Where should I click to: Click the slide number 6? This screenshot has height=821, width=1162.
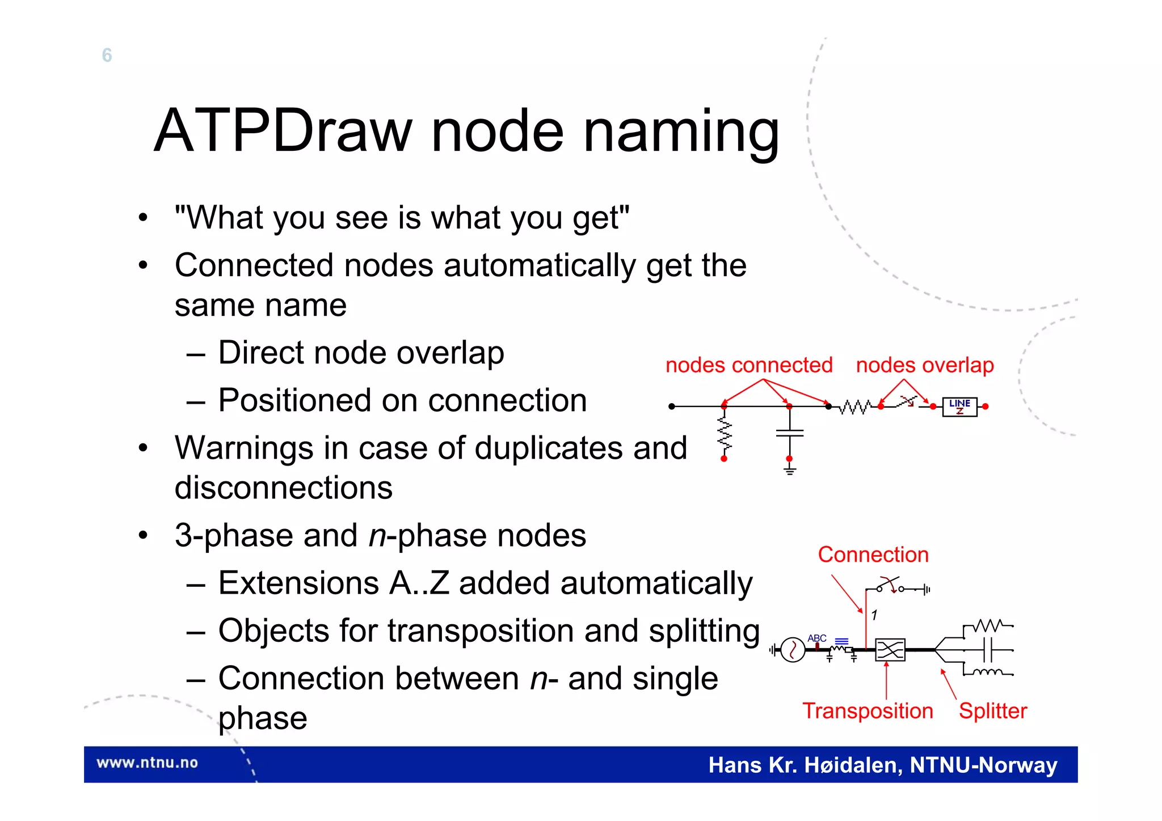[x=107, y=55]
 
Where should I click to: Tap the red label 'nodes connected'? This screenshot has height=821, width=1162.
[x=749, y=365]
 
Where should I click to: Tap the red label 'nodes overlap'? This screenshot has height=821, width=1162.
[x=925, y=365]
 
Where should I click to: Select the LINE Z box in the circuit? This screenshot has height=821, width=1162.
[x=959, y=407]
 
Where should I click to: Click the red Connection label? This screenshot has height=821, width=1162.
[x=873, y=555]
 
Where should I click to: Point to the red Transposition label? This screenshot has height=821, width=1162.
[x=868, y=711]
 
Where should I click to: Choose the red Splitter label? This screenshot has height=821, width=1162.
[x=993, y=711]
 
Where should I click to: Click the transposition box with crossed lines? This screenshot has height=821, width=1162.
[x=890, y=650]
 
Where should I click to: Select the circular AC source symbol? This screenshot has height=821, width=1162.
[x=793, y=650]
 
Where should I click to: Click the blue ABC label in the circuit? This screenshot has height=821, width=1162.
[x=816, y=638]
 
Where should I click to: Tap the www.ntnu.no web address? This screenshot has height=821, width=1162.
[x=147, y=763]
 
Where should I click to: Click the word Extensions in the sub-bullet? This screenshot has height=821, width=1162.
[x=298, y=583]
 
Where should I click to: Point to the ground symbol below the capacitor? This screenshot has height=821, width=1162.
[x=789, y=470]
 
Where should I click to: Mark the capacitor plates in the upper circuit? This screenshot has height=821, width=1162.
[x=789, y=433]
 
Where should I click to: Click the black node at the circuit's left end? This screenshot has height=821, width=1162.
[x=672, y=407]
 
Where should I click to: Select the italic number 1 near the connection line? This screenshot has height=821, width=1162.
[x=874, y=615]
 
